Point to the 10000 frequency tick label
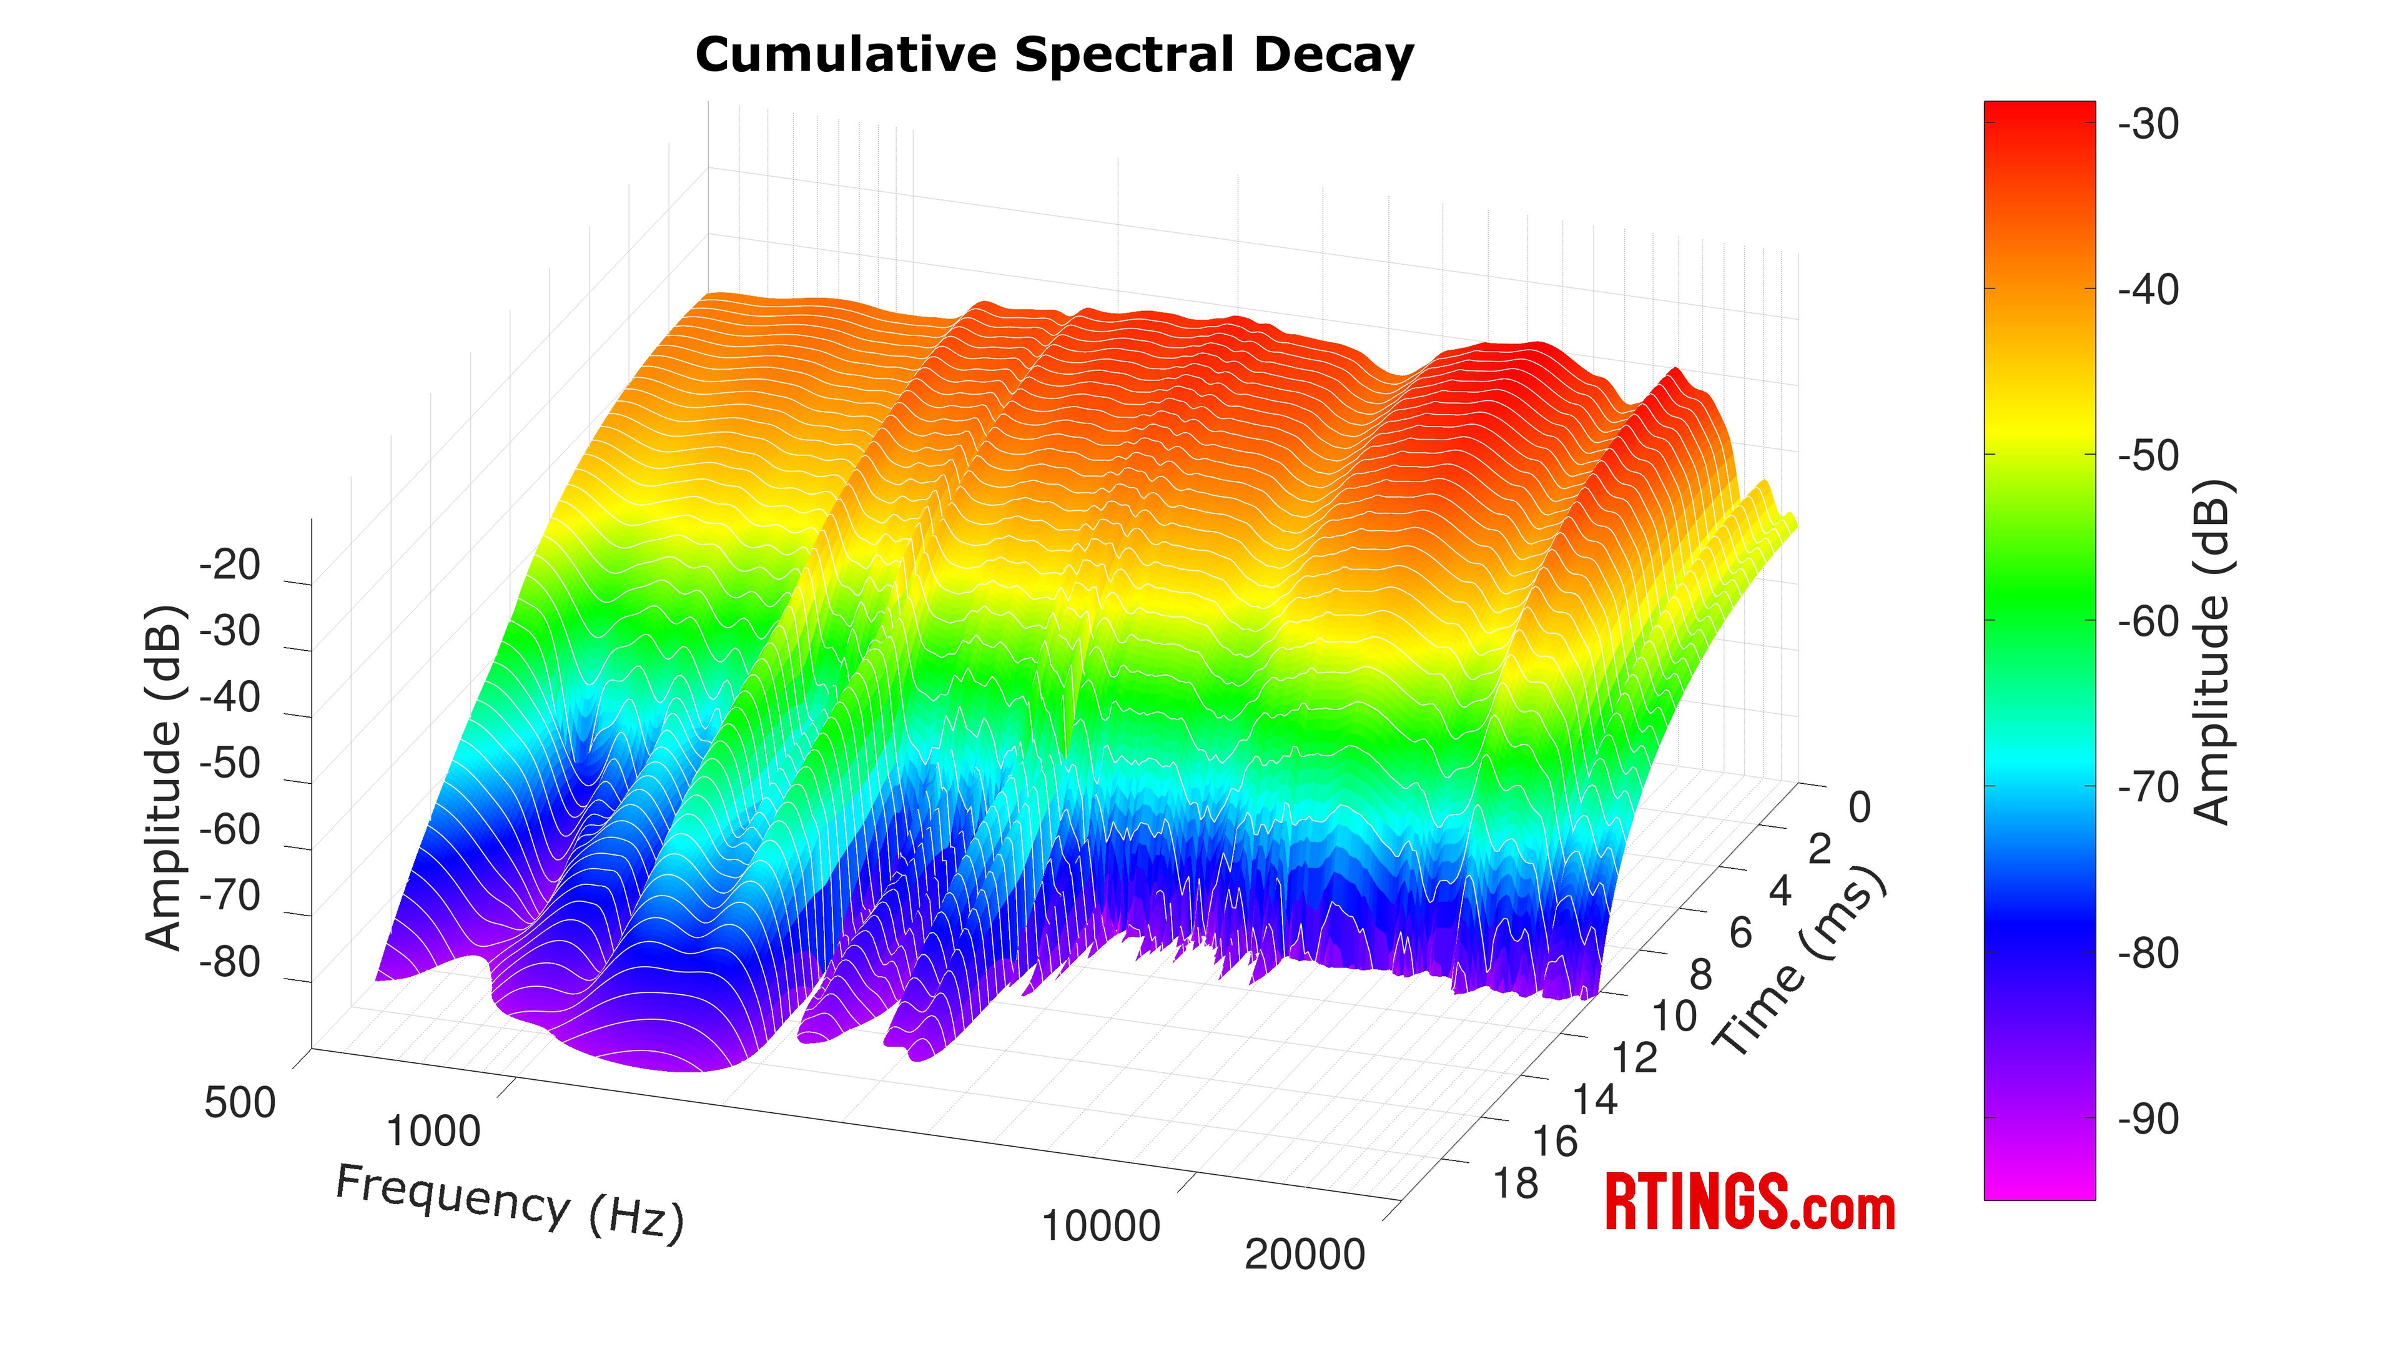(x=1100, y=1226)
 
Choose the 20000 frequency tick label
(x=1304, y=1254)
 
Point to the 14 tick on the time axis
(x=1596, y=1099)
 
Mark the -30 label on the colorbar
(x=2148, y=124)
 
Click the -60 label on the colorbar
(x=2148, y=621)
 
